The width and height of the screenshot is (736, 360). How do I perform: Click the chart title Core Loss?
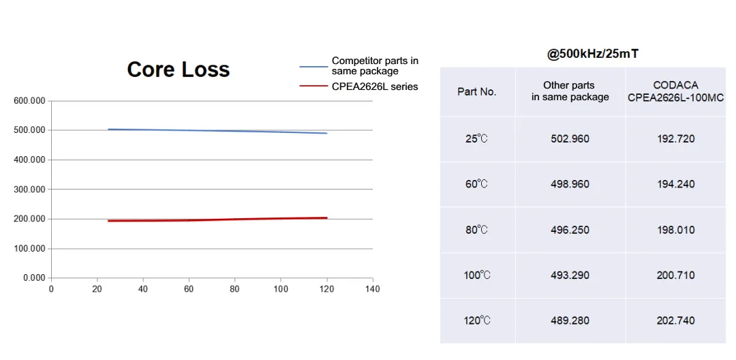179,70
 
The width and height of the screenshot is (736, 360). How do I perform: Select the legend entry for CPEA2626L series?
375,87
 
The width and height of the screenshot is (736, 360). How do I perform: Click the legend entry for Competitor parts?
375,66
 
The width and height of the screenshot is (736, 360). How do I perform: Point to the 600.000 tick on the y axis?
29,101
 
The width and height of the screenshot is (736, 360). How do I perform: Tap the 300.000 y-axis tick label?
29,190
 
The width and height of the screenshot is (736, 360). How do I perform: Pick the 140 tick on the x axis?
372,289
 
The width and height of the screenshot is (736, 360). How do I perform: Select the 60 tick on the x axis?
189,289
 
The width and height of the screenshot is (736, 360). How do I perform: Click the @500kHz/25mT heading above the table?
592,54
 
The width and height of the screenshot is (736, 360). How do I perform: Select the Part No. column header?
477,91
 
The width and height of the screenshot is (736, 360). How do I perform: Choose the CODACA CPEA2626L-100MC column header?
675,91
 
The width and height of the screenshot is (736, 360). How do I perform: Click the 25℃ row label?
477,139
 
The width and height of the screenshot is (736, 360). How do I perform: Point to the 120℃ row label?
477,320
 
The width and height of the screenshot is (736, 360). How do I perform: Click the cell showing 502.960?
570,139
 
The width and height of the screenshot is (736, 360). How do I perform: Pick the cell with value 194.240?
675,184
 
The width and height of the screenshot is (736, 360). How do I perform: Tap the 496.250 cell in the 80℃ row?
570,230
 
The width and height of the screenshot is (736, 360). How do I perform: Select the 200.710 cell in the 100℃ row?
675,275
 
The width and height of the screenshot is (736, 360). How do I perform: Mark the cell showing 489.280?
570,320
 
